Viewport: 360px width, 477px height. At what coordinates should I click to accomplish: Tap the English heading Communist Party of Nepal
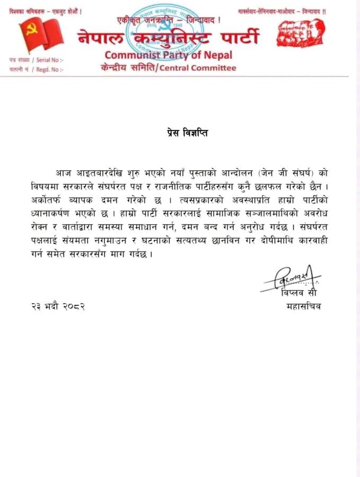(168, 55)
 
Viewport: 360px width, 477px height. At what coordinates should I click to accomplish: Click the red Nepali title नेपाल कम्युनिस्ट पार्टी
(169, 38)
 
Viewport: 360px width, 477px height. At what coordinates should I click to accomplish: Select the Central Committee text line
(168, 67)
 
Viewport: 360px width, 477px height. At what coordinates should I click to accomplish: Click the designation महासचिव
(303, 306)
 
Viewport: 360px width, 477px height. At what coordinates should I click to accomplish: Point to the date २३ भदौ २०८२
(58, 307)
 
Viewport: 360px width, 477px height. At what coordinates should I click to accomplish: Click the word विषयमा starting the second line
(47, 187)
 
